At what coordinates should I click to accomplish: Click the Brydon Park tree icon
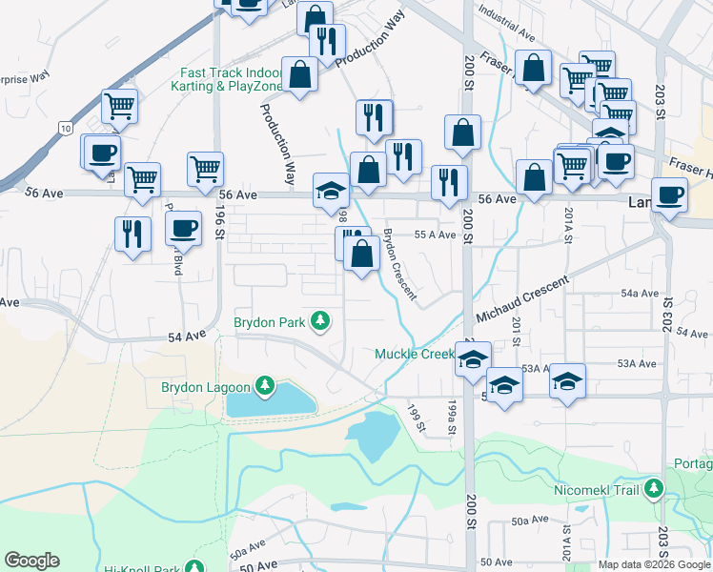pyautogui.click(x=321, y=322)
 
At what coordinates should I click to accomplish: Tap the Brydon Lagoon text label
pyautogui.click(x=205, y=387)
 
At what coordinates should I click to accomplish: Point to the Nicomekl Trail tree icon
pyautogui.click(x=654, y=489)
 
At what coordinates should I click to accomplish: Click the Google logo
pyautogui.click(x=31, y=560)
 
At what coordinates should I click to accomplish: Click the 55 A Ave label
pyautogui.click(x=435, y=235)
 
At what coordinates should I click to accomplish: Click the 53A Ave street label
pyautogui.click(x=637, y=363)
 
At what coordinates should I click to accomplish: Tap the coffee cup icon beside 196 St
pyautogui.click(x=183, y=228)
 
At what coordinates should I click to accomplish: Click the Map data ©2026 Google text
pyautogui.click(x=654, y=564)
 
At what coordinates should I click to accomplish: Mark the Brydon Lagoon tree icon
pyautogui.click(x=264, y=387)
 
